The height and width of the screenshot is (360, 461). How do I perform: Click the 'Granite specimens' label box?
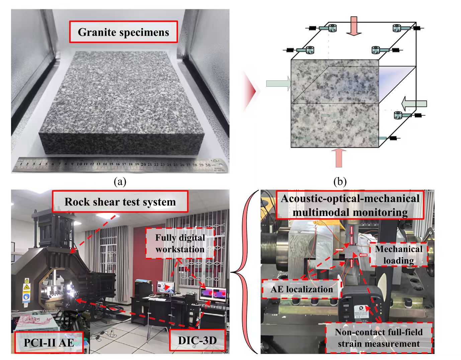(123, 32)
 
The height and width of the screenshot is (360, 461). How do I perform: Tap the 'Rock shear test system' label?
(120, 202)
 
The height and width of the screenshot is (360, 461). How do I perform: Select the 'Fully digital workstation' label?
(180, 243)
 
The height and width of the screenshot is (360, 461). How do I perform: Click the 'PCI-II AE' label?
(49, 342)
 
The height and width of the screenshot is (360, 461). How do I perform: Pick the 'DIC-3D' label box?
(197, 340)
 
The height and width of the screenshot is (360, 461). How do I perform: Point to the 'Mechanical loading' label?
(398, 255)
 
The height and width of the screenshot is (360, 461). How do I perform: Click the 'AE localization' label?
(301, 289)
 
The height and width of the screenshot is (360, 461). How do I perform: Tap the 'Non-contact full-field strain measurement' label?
(378, 338)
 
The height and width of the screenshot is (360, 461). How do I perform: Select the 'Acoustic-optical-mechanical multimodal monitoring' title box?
(350, 205)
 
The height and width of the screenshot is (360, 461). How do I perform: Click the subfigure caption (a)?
(120, 182)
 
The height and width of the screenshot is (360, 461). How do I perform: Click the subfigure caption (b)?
(340, 182)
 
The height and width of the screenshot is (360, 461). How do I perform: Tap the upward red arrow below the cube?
(338, 157)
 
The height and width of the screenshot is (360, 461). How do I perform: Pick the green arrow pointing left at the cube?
(414, 103)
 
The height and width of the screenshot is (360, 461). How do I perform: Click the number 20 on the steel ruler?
(143, 164)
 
